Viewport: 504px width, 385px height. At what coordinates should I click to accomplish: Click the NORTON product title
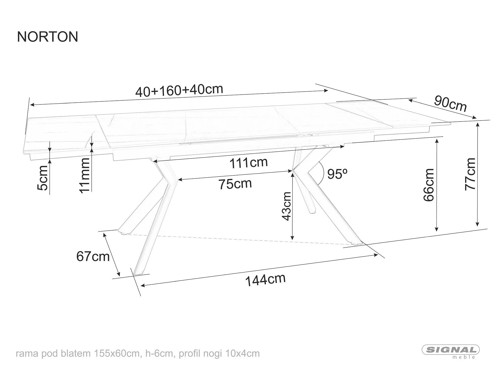tap(48, 37)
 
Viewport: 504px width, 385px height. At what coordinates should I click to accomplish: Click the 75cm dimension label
tap(235, 184)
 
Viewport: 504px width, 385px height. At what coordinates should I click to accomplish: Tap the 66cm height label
tap(429, 185)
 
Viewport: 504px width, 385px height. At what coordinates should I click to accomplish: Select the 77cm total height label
tap(470, 174)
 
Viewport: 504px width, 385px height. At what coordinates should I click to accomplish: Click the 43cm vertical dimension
tap(287, 206)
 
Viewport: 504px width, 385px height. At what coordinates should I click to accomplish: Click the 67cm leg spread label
tap(93, 257)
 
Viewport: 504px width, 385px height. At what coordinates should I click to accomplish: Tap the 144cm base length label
tap(265, 280)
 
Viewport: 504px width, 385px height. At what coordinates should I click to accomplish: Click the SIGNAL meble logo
tap(451, 351)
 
